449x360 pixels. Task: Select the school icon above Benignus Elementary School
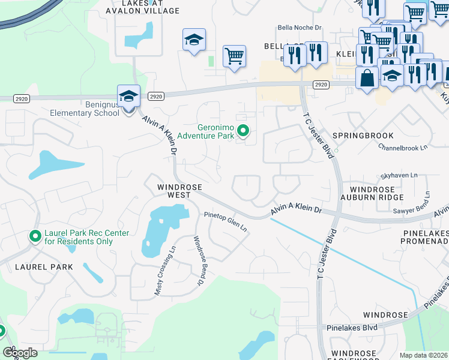[128, 96]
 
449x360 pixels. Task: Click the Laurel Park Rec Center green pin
[35, 237]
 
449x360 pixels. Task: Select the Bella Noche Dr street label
[300, 28]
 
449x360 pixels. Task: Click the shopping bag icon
[367, 77]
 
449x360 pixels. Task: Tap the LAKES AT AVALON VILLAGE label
[142, 7]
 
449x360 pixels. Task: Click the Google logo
[20, 353]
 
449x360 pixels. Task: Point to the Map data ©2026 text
[424, 355]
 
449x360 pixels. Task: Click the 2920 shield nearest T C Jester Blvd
[321, 85]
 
